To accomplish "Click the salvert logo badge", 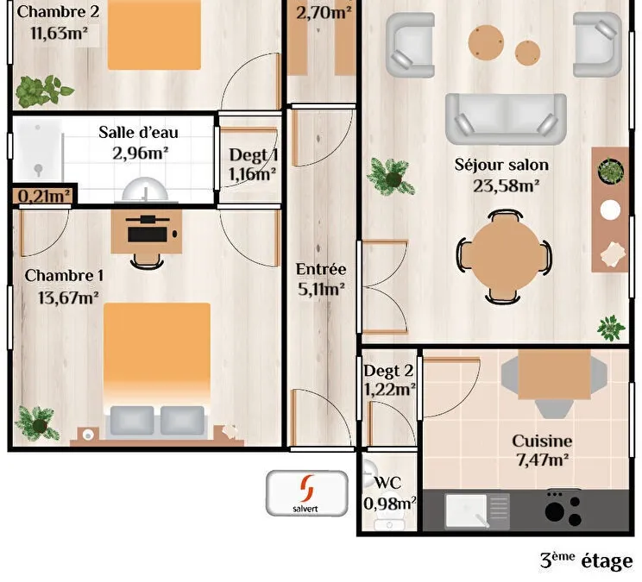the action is tap(306, 493).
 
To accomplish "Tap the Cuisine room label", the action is tap(542, 441).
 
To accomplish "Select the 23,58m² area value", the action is tap(506, 186).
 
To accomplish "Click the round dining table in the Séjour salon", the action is tap(504, 257).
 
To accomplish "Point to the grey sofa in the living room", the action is tap(506, 119).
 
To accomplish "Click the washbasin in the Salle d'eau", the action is tap(145, 190).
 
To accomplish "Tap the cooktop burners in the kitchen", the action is tap(563, 509).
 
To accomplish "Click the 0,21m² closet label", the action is tap(44, 196).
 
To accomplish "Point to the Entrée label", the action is tap(321, 269).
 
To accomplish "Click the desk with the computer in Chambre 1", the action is tap(147, 232).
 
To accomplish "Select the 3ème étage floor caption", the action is tap(586, 560).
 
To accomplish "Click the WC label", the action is tap(387, 483).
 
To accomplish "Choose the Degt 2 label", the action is tap(388, 371).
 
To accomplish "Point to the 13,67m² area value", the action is tap(68, 297).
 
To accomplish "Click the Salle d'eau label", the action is tap(138, 132).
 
